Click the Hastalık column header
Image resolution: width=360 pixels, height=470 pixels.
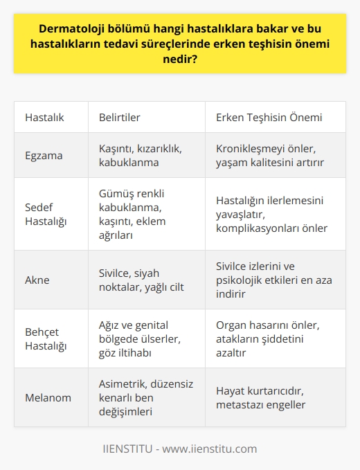coord(44,117)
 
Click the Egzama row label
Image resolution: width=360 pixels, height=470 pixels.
coord(43,155)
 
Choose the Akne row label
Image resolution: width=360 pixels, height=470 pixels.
coord(38,280)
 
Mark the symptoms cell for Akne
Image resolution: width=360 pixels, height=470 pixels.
coord(138,280)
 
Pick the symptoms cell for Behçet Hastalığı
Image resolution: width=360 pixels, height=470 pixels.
coord(139,338)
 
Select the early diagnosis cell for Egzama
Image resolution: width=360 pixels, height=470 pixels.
coord(271,155)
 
